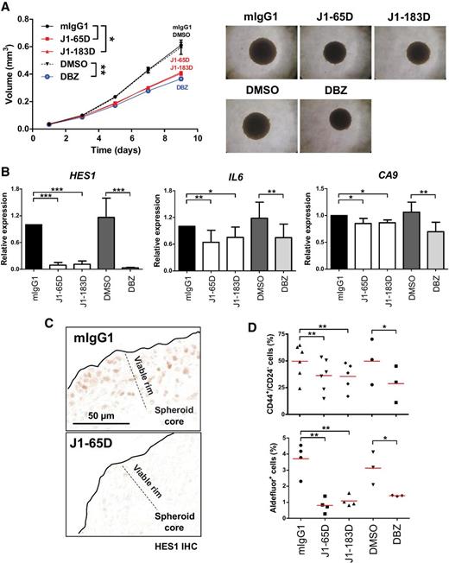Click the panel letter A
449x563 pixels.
(x=7, y=8)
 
